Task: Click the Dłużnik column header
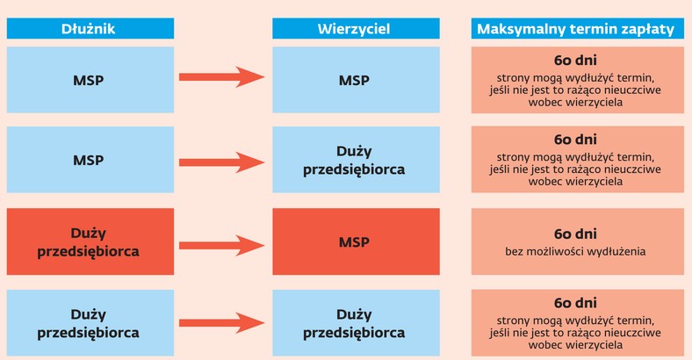click(x=90, y=29)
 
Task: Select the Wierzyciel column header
click(x=356, y=29)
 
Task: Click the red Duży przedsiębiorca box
click(x=90, y=241)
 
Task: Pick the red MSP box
click(x=356, y=241)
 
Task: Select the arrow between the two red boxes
click(x=221, y=246)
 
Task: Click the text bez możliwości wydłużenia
click(x=575, y=251)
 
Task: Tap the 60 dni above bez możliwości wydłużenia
click(x=575, y=234)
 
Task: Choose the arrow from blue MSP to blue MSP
click(x=221, y=77)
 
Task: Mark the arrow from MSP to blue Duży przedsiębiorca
click(x=221, y=162)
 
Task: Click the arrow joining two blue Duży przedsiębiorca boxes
click(x=221, y=323)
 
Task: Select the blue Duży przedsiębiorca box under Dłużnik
click(x=90, y=323)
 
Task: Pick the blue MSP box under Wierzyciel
click(x=356, y=80)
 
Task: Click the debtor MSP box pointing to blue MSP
click(x=90, y=80)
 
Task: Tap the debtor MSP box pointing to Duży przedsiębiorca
click(x=90, y=160)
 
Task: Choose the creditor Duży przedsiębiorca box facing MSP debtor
click(x=356, y=160)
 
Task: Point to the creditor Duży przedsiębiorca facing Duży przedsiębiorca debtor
click(x=356, y=323)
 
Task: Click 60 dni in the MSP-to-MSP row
click(x=575, y=60)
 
